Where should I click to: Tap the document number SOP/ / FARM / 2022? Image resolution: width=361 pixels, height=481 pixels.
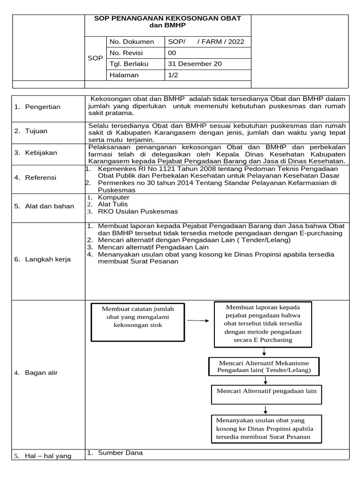(206, 42)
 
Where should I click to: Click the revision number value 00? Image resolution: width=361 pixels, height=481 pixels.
(172, 53)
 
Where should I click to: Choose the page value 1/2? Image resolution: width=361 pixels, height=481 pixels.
(173, 75)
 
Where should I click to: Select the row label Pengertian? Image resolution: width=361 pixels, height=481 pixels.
(42, 107)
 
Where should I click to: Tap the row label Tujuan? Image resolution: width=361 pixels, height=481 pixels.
(36, 131)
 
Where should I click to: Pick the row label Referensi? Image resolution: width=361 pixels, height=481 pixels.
(40, 178)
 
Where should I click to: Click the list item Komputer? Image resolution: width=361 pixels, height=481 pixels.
(113, 198)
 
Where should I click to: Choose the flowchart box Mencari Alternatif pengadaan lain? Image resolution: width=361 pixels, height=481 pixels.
(267, 395)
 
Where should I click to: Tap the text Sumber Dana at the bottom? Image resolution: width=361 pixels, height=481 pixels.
(120, 453)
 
